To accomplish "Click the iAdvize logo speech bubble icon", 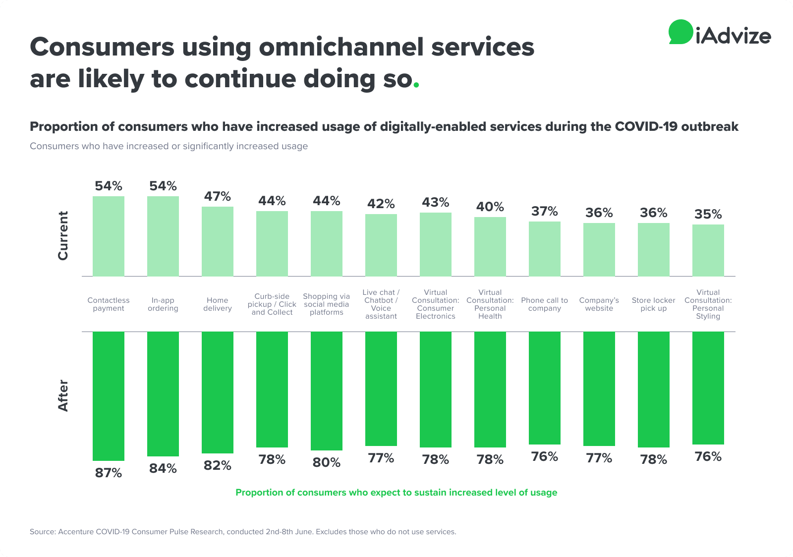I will pos(680,32).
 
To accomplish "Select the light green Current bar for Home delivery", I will pos(218,241).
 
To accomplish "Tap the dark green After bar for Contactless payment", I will pos(109,396).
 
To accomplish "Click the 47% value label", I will pos(218,197).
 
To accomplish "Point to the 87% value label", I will pos(109,473).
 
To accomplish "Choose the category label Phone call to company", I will pos(544,304).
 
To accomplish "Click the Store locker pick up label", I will pos(653,304).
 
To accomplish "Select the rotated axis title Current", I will pos(63,235).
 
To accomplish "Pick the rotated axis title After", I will pos(63,395).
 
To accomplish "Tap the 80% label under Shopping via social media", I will pos(327,462).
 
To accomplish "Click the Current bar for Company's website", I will pos(599,249).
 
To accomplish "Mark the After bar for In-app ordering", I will pos(163,394).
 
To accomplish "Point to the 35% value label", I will pos(708,214).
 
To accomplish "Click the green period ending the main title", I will pos(416,85).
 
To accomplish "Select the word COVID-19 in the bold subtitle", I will pos(646,127).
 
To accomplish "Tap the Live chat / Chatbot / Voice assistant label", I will pos(381,304).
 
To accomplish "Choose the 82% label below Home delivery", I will pos(218,465).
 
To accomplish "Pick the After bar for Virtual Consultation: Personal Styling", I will pos(708,388).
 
